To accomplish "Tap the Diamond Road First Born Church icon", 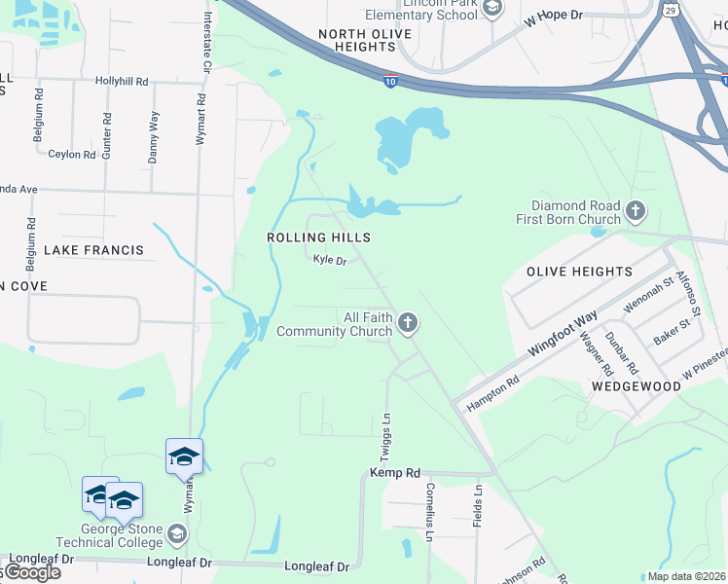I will pyautogui.click(x=636, y=210).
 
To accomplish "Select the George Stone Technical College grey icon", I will pyautogui.click(x=177, y=533).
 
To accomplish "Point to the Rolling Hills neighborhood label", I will pyautogui.click(x=318, y=237).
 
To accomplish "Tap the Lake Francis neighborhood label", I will pyautogui.click(x=93, y=250).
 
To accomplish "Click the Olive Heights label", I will pyautogui.click(x=579, y=272).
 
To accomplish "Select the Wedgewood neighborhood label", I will pyautogui.click(x=637, y=386).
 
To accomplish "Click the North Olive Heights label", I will pyautogui.click(x=365, y=40).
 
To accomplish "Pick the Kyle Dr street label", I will pyautogui.click(x=330, y=260).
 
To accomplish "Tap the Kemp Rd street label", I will pyautogui.click(x=394, y=473).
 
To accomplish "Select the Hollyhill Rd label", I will pyautogui.click(x=122, y=82).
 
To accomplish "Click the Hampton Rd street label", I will pyautogui.click(x=492, y=393).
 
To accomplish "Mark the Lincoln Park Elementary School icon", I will pyautogui.click(x=492, y=9).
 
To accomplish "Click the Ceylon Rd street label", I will pyautogui.click(x=72, y=154).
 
